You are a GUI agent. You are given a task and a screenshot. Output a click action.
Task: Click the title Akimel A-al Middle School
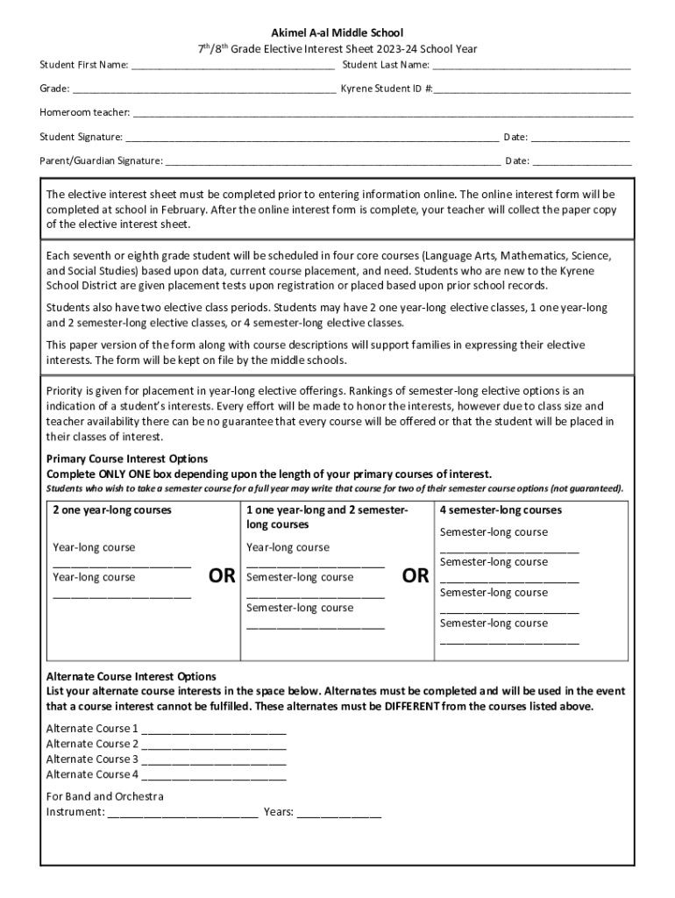click(337, 33)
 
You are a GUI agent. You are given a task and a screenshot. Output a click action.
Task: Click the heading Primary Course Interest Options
click(127, 460)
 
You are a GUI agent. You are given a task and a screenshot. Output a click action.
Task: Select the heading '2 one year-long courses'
click(112, 510)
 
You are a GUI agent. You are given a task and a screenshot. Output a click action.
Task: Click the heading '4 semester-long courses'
click(501, 510)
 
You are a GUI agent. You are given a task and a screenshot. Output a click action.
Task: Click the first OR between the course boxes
click(222, 576)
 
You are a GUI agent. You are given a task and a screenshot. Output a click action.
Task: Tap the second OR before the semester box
click(415, 576)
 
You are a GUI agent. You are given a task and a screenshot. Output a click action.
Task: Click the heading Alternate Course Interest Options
click(131, 676)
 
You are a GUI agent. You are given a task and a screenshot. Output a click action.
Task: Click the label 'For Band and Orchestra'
click(104, 796)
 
